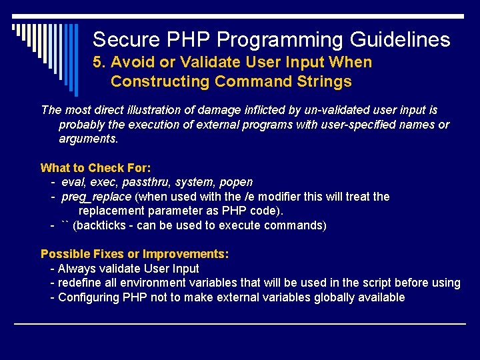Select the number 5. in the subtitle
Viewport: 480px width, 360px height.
[99, 63]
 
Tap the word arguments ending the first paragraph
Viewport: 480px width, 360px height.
[88, 139]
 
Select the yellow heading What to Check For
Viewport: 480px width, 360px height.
[96, 168]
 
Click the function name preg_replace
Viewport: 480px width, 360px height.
[96, 197]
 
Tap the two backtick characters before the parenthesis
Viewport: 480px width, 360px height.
[65, 225]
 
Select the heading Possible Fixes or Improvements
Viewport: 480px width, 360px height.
[135, 254]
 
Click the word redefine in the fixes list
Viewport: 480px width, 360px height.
[79, 283]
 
